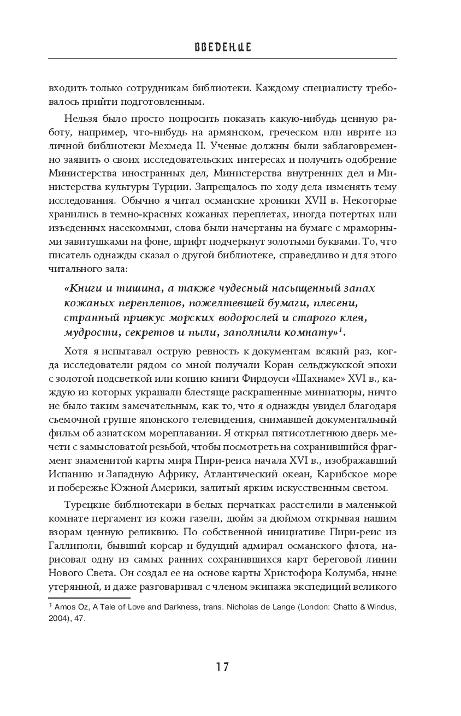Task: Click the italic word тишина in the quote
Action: tap(123, 288)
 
